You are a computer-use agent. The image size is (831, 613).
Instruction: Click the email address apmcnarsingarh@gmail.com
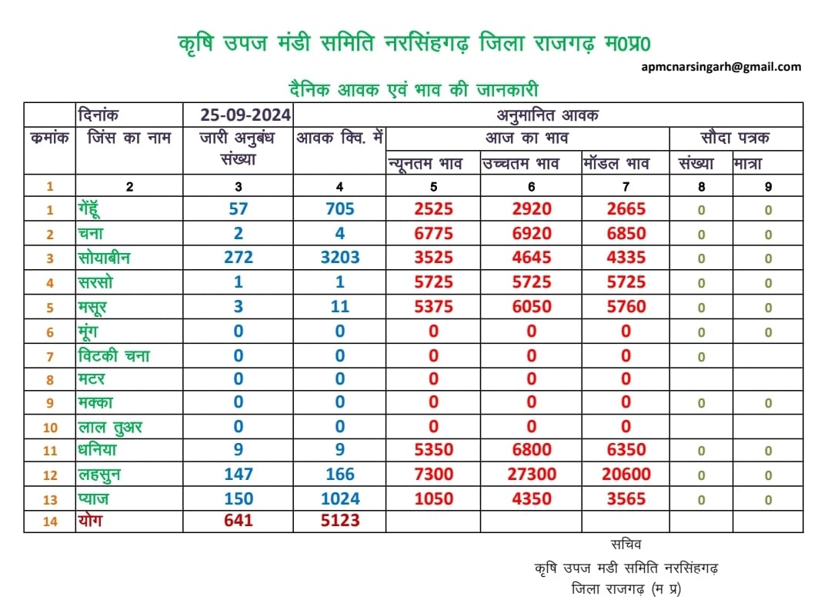tap(721, 67)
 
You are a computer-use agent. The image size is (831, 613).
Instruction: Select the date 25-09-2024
tap(245, 115)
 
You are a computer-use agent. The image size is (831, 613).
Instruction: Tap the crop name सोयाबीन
tap(105, 258)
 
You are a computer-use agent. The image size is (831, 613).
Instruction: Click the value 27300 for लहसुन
tap(532, 474)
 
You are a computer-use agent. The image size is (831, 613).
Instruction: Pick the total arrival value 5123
tap(340, 520)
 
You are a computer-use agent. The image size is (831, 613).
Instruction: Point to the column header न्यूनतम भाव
tap(425, 164)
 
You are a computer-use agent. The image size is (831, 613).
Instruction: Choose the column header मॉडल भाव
tap(616, 163)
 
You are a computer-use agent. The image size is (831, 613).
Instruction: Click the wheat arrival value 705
tap(340, 208)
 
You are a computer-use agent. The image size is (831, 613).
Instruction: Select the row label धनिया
tap(98, 450)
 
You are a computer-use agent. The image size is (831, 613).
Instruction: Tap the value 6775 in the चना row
tap(433, 233)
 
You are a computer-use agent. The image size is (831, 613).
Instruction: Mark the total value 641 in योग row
tap(239, 520)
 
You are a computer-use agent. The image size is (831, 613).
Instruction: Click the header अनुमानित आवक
tap(548, 115)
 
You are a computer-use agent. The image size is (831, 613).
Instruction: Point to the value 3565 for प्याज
tap(626, 498)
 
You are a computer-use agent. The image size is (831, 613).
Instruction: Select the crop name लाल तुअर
tap(110, 427)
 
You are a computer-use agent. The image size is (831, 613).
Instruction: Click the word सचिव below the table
tap(626, 544)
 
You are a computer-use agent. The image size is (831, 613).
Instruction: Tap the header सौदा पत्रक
tap(735, 138)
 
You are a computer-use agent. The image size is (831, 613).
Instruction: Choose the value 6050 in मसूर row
tap(532, 306)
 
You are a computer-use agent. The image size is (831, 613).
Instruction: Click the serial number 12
tap(50, 475)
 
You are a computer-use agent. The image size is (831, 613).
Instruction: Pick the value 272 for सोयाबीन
tap(239, 258)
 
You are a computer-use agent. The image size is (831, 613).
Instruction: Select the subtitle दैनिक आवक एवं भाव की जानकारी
tap(413, 89)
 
